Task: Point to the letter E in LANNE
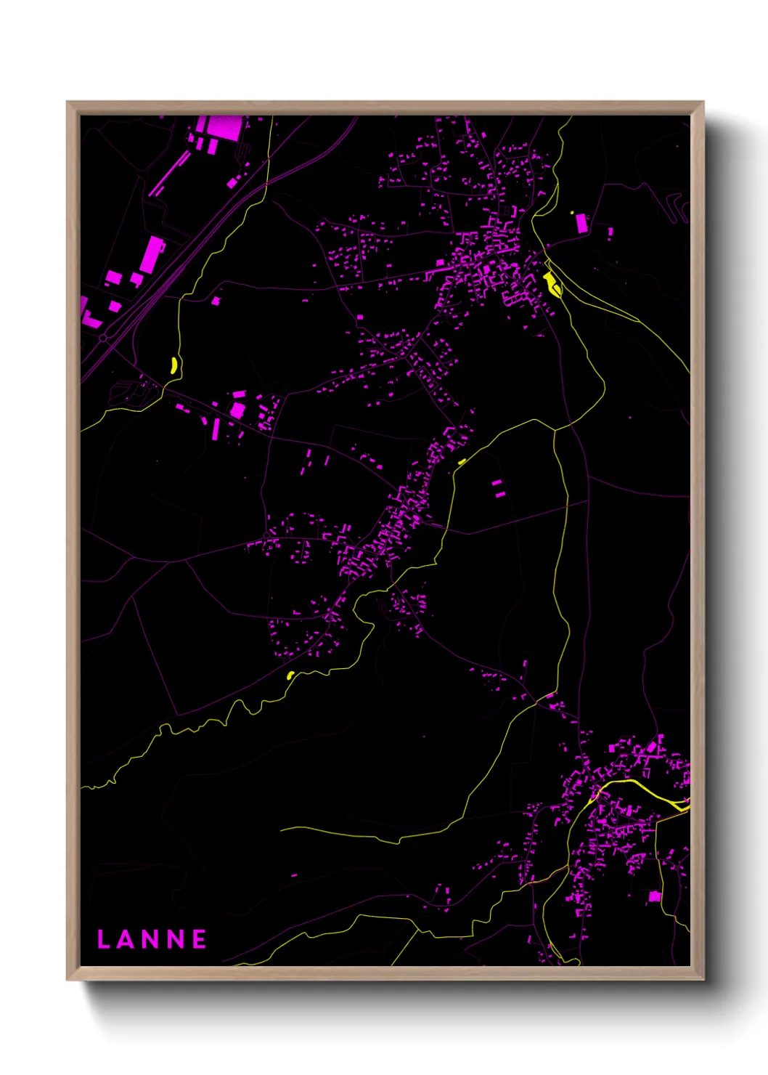coord(199,939)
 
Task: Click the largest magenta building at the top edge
coord(224,127)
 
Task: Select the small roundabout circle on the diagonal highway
coord(104,338)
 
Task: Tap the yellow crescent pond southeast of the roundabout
coord(173,365)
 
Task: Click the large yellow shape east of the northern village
coord(552,284)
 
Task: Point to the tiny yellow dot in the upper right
coord(572,212)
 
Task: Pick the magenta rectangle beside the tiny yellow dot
coord(581,223)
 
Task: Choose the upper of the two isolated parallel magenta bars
coord(497,482)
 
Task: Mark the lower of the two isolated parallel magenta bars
coord(500,494)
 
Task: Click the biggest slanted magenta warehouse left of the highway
coord(152,254)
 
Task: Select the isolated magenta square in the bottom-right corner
coord(654,897)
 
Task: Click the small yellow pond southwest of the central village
coord(290,676)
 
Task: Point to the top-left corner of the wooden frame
coord(68,102)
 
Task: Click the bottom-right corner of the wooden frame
coord(703,979)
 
